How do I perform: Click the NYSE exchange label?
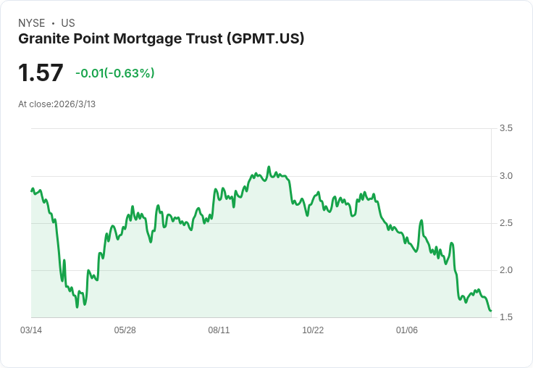pyautogui.click(x=32, y=23)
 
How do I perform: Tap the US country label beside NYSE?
pyautogui.click(x=68, y=23)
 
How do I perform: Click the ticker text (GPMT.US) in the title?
pyautogui.click(x=266, y=38)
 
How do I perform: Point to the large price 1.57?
pyautogui.click(x=41, y=72)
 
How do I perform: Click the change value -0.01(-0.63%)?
pyautogui.click(x=115, y=73)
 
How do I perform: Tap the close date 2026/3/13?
pyautogui.click(x=75, y=104)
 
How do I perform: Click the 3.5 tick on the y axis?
pyautogui.click(x=505, y=128)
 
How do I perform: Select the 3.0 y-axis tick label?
pyautogui.click(x=505, y=176)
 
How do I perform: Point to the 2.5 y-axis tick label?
pyautogui.click(x=505, y=223)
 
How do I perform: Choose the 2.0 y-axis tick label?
pyautogui.click(x=505, y=270)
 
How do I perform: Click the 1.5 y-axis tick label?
pyautogui.click(x=505, y=317)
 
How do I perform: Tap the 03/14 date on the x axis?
pyautogui.click(x=31, y=330)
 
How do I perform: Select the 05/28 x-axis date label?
pyautogui.click(x=125, y=330)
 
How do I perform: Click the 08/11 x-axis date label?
pyautogui.click(x=219, y=330)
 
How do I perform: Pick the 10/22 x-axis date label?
pyautogui.click(x=313, y=330)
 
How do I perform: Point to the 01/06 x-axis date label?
pyautogui.click(x=407, y=330)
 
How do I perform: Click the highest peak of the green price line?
pyautogui.click(x=269, y=167)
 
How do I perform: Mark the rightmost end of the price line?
pyautogui.click(x=491, y=311)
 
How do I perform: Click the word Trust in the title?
pyautogui.click(x=203, y=38)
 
